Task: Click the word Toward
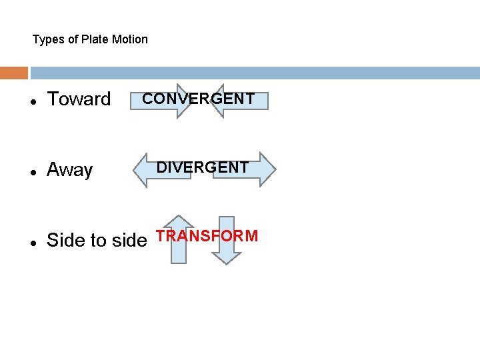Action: point(79,99)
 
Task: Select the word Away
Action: point(69,170)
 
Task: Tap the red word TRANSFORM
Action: point(207,236)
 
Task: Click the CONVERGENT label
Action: point(199,99)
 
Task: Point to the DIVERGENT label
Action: point(203,167)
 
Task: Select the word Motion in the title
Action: point(129,39)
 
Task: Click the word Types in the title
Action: point(48,39)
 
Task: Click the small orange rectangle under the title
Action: point(14,73)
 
